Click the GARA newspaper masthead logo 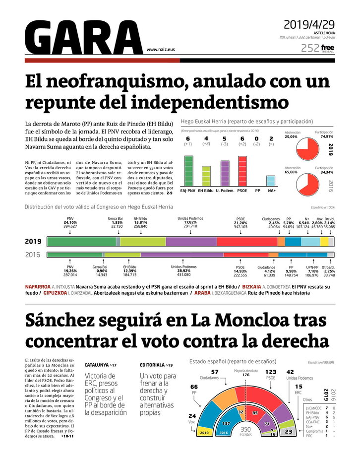pos(83,35)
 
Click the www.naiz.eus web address pos(160,50)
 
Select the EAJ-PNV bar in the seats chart pos(188,170)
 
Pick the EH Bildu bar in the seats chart pos(206,176)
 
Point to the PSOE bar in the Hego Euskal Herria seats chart pos(242,170)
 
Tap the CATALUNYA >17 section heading pos(100,365)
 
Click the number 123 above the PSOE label pos(270,372)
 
